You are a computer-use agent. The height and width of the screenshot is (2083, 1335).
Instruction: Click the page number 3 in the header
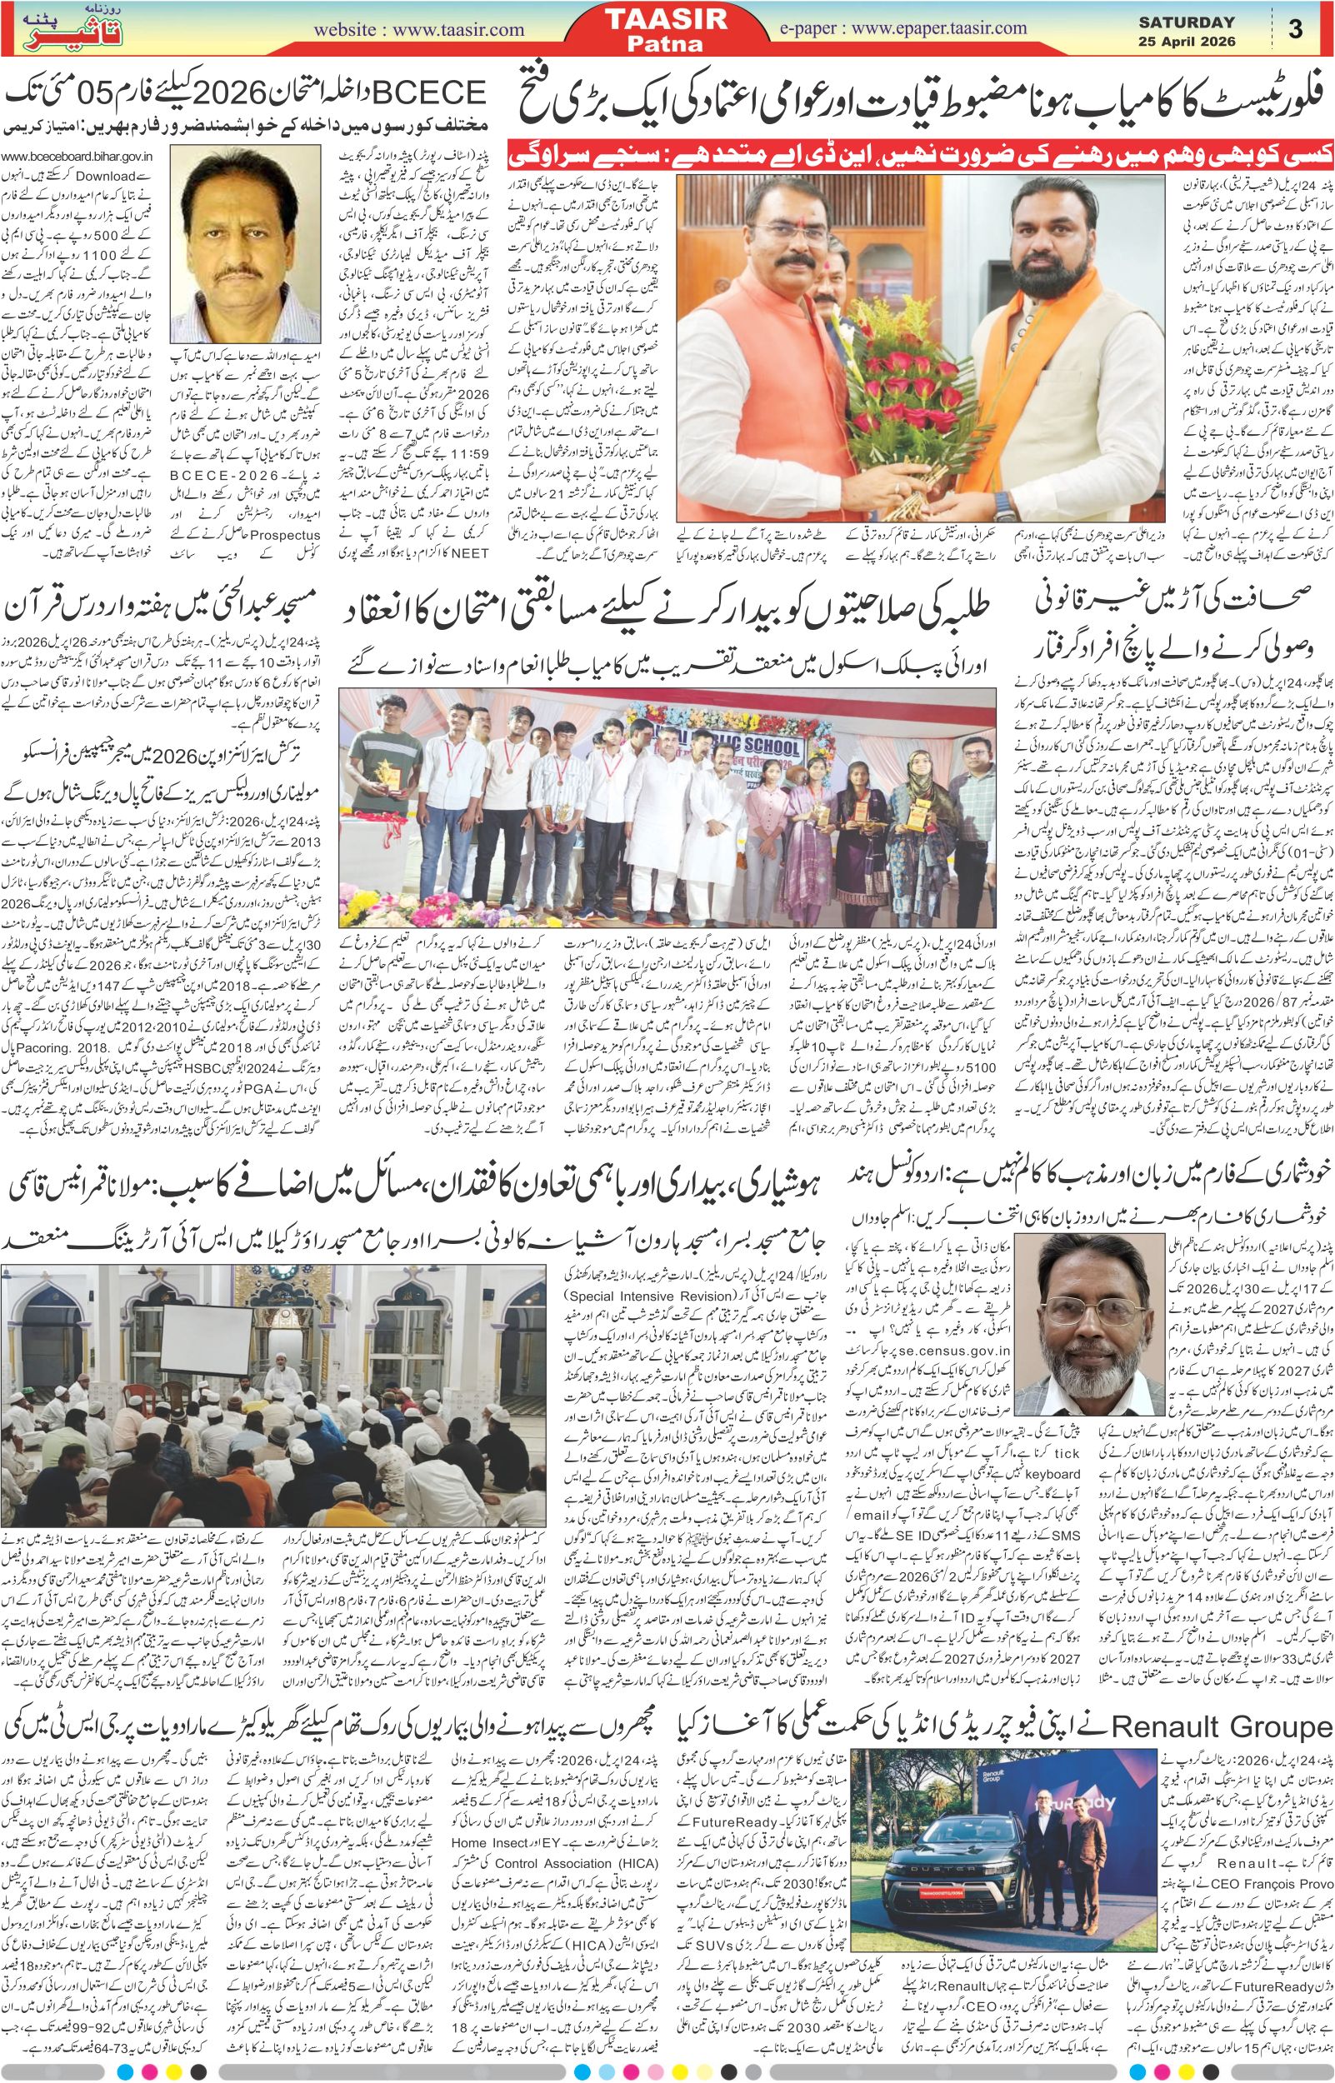(1295, 29)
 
